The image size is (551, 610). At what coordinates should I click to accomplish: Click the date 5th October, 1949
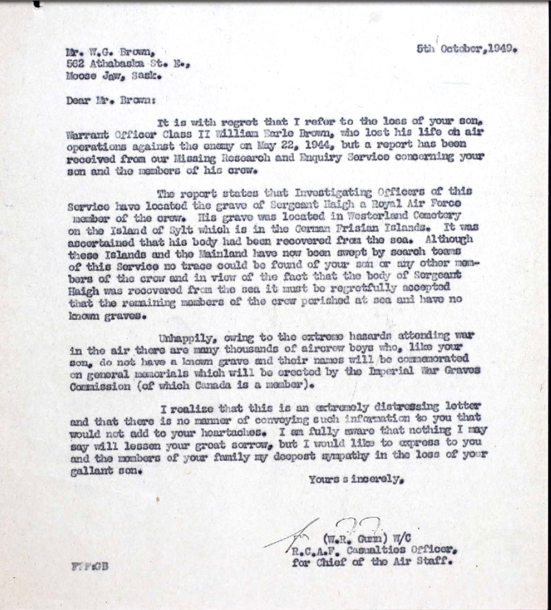(x=466, y=49)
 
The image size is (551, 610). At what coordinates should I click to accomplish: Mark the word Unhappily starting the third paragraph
(x=185, y=340)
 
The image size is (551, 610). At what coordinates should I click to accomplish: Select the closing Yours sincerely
(x=357, y=479)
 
